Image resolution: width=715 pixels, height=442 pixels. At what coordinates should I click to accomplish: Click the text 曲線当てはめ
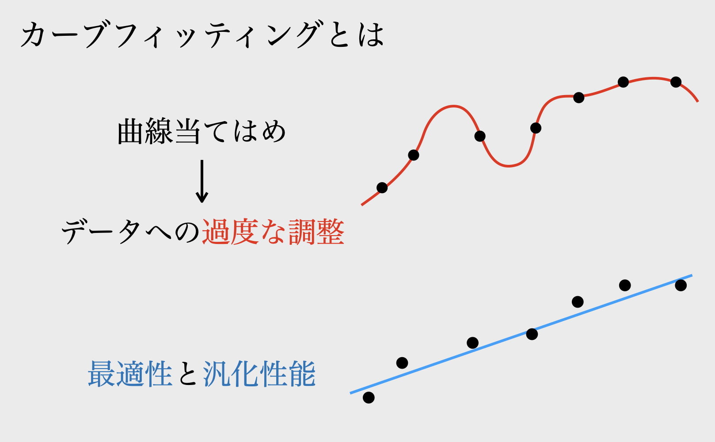click(x=202, y=132)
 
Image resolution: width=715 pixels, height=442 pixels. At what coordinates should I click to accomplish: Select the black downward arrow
click(x=202, y=181)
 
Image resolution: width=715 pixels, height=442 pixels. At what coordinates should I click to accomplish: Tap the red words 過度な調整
click(x=273, y=232)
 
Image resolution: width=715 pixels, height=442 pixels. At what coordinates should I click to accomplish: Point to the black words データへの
click(x=131, y=232)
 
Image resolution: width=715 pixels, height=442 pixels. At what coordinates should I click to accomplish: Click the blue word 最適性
click(x=130, y=374)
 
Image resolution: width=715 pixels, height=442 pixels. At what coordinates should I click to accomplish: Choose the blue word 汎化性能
click(x=259, y=374)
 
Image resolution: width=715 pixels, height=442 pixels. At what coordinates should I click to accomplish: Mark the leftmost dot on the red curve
click(x=382, y=188)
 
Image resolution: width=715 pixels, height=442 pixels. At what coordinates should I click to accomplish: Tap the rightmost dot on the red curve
click(x=676, y=82)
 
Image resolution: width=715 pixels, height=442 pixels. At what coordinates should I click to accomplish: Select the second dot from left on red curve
click(x=414, y=155)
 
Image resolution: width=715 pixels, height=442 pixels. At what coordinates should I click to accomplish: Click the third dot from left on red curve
click(x=480, y=136)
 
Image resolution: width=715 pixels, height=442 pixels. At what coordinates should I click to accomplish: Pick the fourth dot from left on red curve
click(x=536, y=128)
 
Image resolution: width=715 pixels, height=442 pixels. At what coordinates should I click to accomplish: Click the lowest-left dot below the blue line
click(x=369, y=398)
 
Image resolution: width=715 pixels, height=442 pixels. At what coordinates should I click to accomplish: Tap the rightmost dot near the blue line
click(x=681, y=286)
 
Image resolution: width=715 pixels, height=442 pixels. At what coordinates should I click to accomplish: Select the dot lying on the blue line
click(x=532, y=334)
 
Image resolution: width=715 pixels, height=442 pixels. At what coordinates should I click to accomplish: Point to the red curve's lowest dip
click(x=508, y=166)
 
